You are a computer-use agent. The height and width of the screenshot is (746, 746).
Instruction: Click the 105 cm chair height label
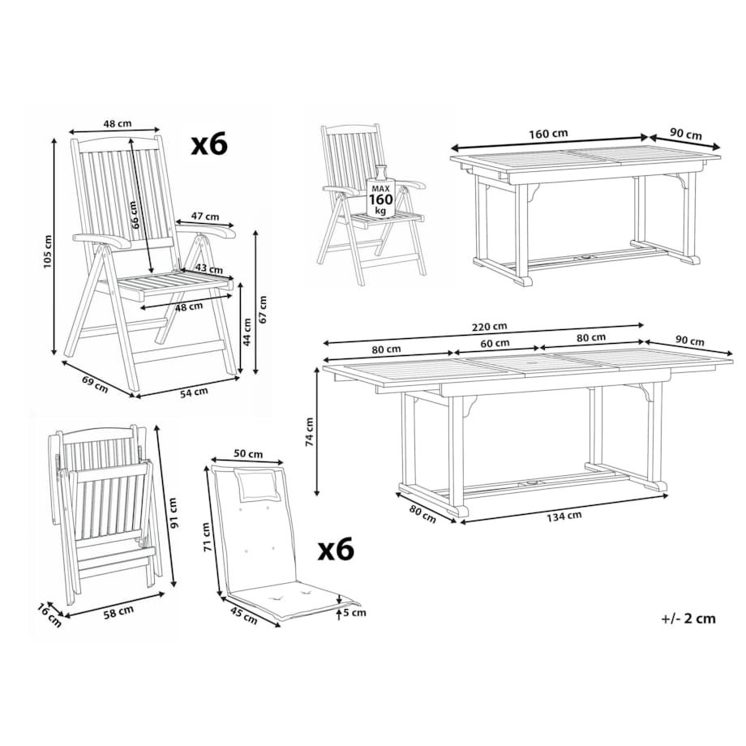(x=48, y=251)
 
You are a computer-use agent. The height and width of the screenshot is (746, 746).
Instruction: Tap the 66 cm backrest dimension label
(x=135, y=215)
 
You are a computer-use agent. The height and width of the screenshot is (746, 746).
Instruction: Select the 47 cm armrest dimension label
(x=205, y=216)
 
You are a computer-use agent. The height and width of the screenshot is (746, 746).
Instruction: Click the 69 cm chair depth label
(x=95, y=384)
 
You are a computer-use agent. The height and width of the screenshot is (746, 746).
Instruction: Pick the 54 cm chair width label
(x=194, y=392)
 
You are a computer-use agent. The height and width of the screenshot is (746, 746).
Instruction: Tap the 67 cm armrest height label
(x=263, y=309)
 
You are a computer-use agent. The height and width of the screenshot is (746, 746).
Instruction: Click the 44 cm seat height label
(x=247, y=332)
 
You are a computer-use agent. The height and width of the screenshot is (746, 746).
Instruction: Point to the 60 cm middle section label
(x=495, y=343)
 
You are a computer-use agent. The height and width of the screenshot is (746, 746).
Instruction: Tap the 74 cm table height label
(x=309, y=432)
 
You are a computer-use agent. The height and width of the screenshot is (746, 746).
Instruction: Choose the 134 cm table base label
(x=564, y=516)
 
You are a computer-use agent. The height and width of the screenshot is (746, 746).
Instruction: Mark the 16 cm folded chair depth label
(x=49, y=615)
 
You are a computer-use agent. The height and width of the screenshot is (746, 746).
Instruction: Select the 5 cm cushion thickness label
(x=355, y=613)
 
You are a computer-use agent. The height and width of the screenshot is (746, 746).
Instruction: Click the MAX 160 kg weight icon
(x=380, y=193)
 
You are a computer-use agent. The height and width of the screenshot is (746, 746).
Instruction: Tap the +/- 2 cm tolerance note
(x=688, y=619)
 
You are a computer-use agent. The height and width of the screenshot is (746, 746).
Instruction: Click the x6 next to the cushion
(x=336, y=549)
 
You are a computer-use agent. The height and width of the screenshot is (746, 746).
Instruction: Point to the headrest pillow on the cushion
(x=259, y=484)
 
